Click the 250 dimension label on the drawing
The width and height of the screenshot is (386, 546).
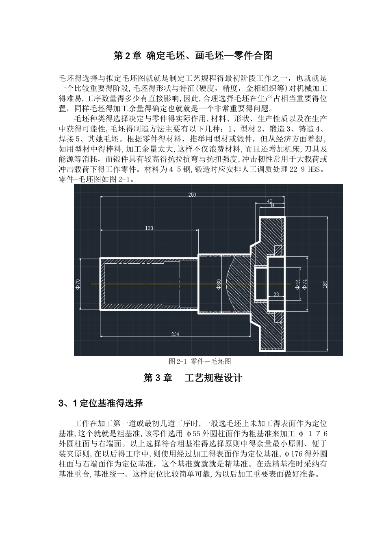click(192, 195)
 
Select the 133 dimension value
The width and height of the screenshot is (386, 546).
click(149, 228)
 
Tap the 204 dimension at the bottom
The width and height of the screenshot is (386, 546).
click(175, 334)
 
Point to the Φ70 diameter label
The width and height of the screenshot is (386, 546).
click(78, 284)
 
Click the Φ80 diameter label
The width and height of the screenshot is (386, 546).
click(218, 284)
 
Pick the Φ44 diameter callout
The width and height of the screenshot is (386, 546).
click(297, 284)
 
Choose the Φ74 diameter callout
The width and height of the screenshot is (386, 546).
click(305, 284)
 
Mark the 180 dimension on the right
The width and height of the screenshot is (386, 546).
click(325, 284)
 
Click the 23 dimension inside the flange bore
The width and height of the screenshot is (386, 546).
click(276, 295)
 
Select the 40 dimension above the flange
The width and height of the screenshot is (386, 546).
click(270, 201)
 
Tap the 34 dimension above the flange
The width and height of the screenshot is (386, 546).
click(272, 206)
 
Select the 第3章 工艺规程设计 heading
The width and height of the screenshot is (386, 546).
click(193, 378)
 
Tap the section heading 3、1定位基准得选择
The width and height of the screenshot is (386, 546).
click(100, 403)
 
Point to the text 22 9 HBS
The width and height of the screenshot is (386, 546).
click(307, 170)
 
